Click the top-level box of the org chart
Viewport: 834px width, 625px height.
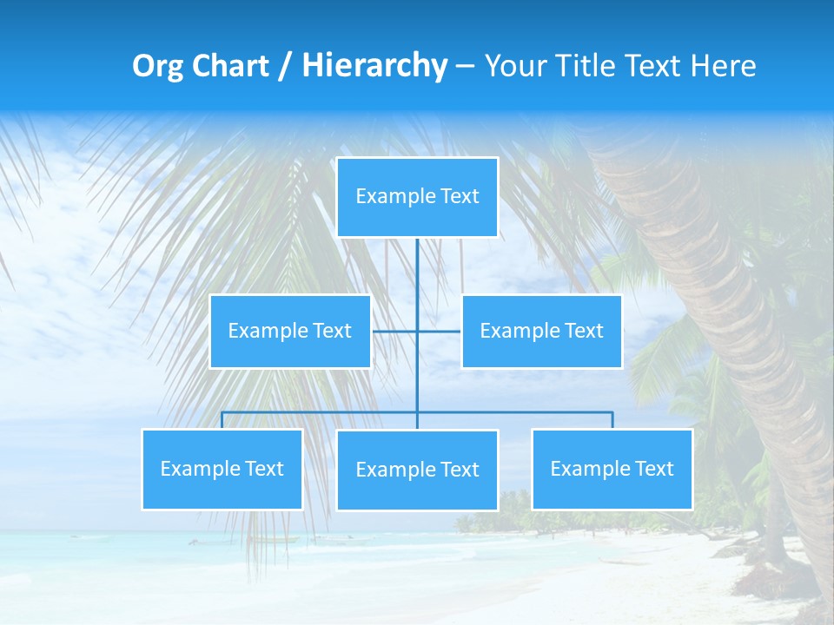coord(417,197)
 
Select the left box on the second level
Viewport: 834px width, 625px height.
coord(290,332)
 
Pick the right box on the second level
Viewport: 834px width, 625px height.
coord(541,332)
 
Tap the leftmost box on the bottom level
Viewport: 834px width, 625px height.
coord(222,470)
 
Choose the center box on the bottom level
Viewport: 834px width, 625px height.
coord(417,470)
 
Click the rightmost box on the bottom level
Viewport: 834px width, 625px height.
coord(612,470)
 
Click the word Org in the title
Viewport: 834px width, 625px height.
coord(158,66)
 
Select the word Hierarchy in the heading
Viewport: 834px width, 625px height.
coord(374,66)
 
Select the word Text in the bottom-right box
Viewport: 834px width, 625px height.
coord(654,470)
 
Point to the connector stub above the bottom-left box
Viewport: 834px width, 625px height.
coord(222,420)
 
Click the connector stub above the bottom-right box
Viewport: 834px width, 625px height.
coord(612,420)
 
